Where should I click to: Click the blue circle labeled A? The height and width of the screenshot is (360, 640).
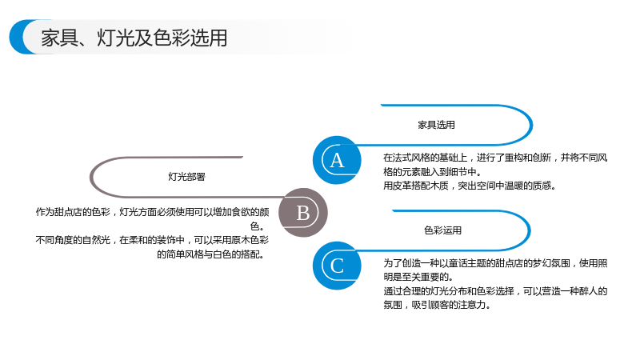(337, 160)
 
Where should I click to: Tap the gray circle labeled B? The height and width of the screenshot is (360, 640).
(303, 213)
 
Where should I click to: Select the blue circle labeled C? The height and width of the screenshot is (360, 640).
(337, 266)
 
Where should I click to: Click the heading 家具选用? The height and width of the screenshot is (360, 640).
(436, 125)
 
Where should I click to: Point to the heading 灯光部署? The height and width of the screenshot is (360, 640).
(186, 177)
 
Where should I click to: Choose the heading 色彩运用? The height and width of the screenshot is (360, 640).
(443, 230)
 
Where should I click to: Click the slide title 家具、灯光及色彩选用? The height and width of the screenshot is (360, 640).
(134, 38)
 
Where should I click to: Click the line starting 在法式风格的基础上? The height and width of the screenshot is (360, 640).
(495, 158)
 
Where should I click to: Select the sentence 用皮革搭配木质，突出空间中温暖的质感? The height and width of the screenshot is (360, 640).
(470, 186)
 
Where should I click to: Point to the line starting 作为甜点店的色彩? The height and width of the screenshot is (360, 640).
(152, 212)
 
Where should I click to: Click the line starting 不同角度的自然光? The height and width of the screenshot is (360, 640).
(152, 240)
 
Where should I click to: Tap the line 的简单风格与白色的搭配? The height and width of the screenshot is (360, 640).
(211, 254)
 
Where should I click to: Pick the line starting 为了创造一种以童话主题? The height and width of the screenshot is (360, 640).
(495, 263)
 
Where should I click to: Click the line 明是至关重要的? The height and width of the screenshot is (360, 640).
(418, 277)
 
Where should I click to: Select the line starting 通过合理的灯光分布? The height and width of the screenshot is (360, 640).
(495, 291)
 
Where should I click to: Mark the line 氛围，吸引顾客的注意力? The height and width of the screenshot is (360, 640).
(437, 306)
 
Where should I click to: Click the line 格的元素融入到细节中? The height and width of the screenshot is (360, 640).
(432, 172)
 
